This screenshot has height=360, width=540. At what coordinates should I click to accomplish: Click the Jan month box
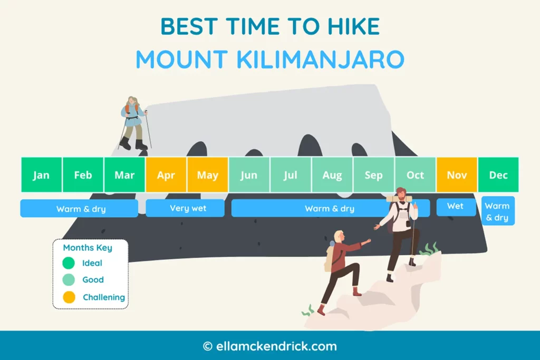point(41,175)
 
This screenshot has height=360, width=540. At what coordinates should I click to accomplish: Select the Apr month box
point(166,175)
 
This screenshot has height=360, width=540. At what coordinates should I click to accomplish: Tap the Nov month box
point(457,175)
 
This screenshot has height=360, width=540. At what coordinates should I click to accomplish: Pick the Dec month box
point(498,175)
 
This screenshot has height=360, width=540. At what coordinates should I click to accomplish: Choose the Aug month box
point(332,175)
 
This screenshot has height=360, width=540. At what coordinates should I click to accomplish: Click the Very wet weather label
point(185,208)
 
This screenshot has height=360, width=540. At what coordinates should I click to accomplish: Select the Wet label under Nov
point(456,206)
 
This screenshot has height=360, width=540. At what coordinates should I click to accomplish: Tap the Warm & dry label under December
point(497,211)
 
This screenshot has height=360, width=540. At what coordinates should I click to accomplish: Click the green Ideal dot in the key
point(69,263)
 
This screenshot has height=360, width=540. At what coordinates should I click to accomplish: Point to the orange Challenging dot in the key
point(69,297)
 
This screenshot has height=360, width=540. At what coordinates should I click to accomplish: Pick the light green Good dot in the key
point(69,280)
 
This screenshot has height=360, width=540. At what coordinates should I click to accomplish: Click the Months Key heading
point(88,248)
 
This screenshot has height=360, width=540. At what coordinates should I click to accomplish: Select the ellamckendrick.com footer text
point(269,346)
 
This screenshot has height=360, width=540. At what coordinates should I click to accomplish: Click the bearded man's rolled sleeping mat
point(399,199)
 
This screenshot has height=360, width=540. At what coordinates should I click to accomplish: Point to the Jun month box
point(249,175)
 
